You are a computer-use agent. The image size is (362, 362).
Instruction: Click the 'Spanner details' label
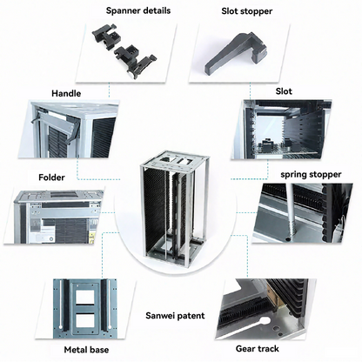coord(138,11)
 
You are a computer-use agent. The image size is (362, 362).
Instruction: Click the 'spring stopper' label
coord(311,174)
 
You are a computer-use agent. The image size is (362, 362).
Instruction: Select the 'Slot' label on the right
coord(284,90)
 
